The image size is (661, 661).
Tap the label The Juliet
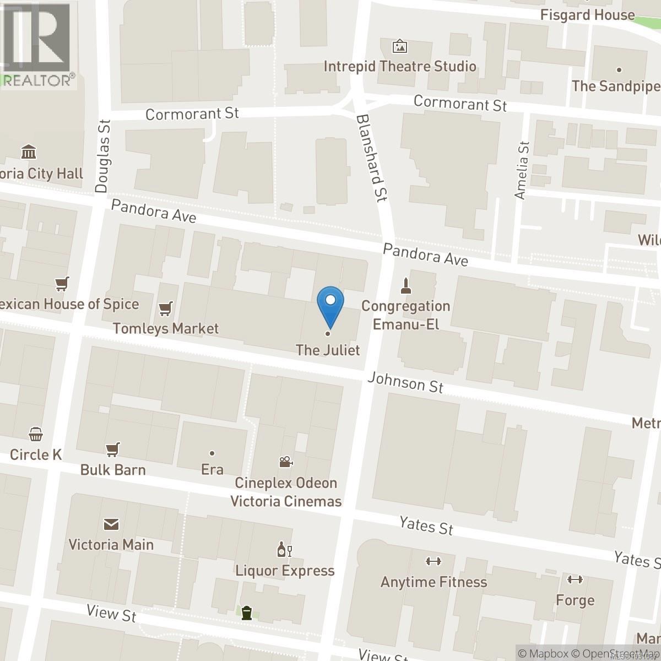[328, 350]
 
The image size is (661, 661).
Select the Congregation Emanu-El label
[406, 315]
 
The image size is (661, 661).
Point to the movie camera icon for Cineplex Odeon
[285, 462]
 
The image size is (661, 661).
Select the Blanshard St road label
[372, 158]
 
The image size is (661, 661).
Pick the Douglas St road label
[104, 156]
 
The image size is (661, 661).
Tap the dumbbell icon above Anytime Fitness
[434, 561]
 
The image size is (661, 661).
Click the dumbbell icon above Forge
[575, 579]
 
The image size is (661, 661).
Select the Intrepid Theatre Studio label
[400, 67]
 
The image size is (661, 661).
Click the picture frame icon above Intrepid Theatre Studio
[400, 46]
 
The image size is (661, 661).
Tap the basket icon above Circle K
[36, 435]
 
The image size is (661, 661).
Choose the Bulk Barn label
[113, 470]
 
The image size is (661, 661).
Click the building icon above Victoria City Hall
[28, 151]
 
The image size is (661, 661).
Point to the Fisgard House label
[588, 15]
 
